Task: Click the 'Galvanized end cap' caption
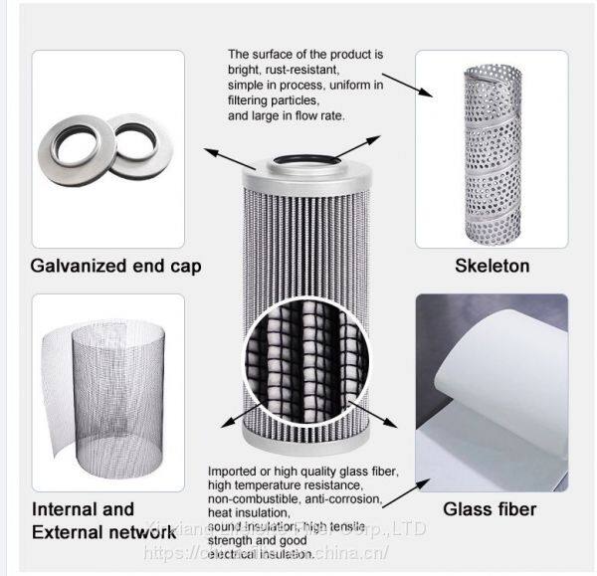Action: coord(116,266)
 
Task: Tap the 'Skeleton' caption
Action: coord(492,266)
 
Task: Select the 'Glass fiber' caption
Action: coord(490,509)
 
